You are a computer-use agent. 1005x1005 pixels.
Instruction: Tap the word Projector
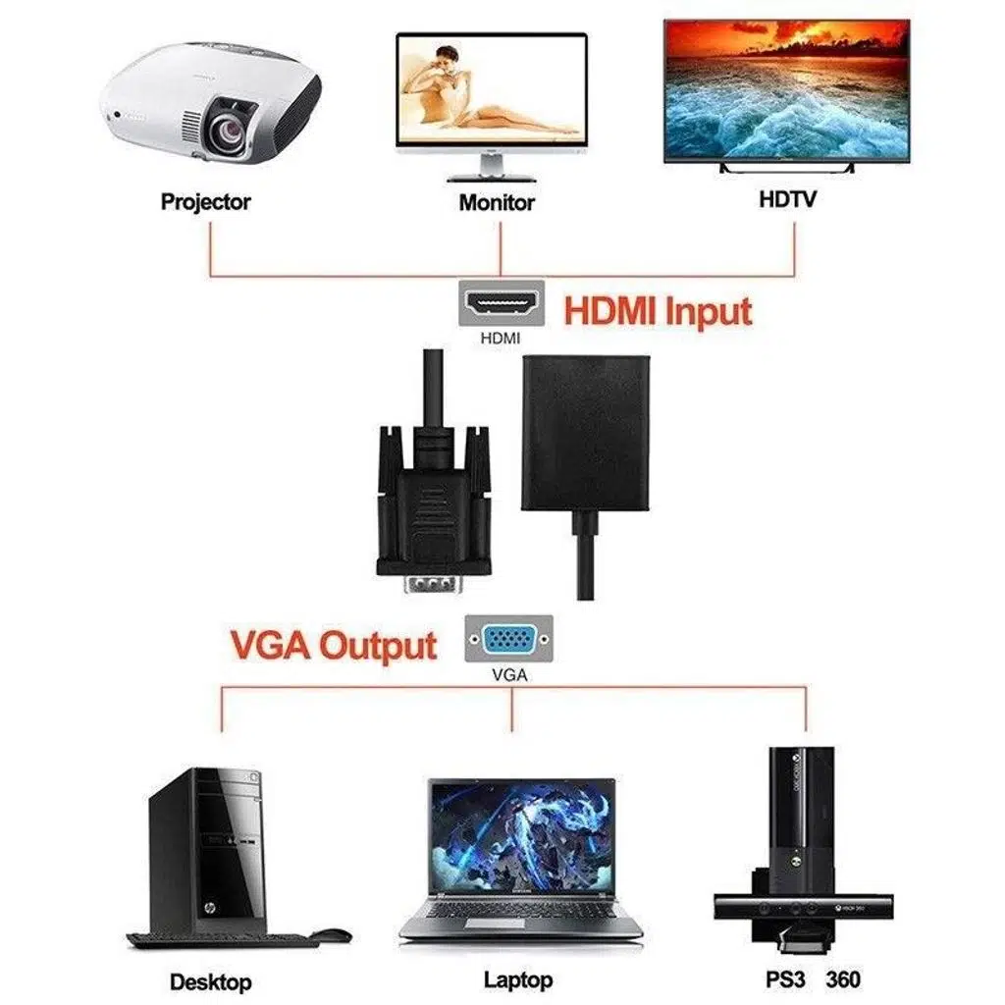pyautogui.click(x=206, y=202)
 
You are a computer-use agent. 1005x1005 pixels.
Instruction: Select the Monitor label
pyautogui.click(x=497, y=203)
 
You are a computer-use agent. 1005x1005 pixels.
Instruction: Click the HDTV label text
pyautogui.click(x=787, y=199)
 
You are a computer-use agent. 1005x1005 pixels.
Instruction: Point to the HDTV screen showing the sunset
pyautogui.click(x=786, y=90)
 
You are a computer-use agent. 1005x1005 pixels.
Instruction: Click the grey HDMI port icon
pyautogui.click(x=502, y=304)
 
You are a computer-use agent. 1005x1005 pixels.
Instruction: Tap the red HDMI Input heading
pyautogui.click(x=658, y=312)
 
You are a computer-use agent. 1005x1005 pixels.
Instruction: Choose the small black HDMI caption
pyautogui.click(x=501, y=339)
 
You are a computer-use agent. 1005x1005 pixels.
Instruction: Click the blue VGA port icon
pyautogui.click(x=509, y=640)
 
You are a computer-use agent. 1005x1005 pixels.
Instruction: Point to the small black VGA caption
pyautogui.click(x=509, y=675)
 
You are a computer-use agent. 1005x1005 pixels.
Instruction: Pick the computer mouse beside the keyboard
pyautogui.click(x=332, y=935)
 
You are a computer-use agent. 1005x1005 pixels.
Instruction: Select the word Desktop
pyautogui.click(x=211, y=981)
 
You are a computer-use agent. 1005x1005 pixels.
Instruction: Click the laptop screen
pyautogui.click(x=521, y=835)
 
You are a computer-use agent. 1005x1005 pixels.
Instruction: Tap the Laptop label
pyautogui.click(x=518, y=979)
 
